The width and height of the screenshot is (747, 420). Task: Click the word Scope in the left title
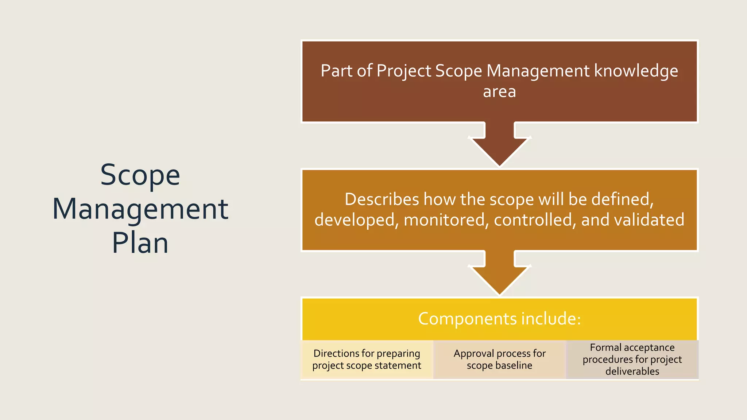140,175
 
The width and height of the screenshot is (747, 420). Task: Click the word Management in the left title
140,209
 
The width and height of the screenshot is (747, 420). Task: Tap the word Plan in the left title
140,243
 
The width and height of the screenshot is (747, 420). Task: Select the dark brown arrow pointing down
499,146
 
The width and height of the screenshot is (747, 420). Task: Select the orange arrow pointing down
499,274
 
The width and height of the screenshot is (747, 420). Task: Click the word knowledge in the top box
636,71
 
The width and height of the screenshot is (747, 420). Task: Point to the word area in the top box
499,92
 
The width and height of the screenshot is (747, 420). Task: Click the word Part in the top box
336,71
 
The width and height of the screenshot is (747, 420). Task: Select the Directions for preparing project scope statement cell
367,359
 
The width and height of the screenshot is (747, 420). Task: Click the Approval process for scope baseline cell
499,359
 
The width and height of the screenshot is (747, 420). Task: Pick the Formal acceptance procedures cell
632,359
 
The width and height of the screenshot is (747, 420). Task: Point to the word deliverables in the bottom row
632,372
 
